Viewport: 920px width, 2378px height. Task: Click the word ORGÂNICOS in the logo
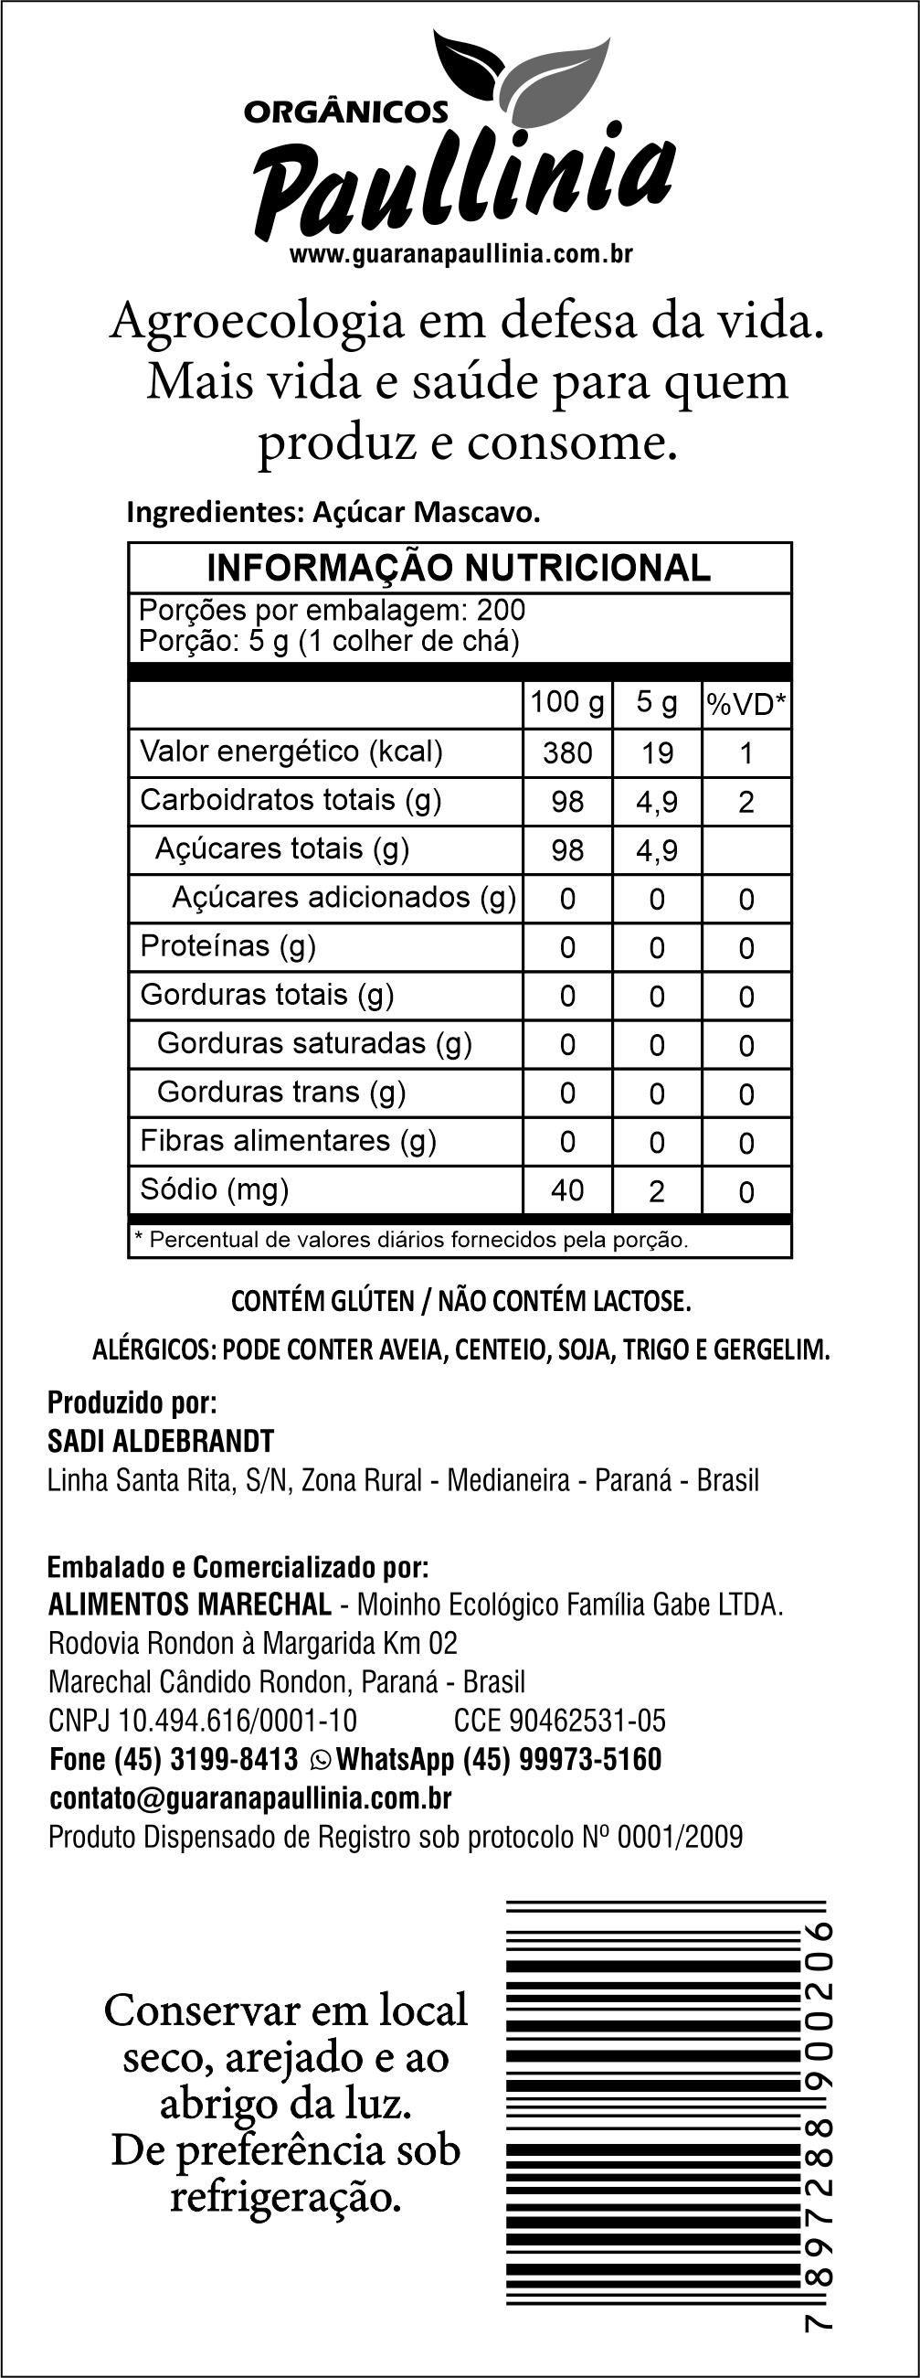pos(345,112)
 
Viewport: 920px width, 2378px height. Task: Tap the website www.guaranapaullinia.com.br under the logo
pos(460,254)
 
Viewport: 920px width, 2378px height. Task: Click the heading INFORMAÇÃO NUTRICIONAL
pos(459,568)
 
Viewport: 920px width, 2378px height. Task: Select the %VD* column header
pos(746,704)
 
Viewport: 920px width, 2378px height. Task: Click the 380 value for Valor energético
pos(566,753)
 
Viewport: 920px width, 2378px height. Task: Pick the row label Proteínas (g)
pos(227,946)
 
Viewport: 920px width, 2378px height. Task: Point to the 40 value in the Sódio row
pos(566,1191)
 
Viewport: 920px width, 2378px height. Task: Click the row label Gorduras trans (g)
pos(281,1092)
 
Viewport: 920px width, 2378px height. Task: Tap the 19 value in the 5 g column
pos(656,753)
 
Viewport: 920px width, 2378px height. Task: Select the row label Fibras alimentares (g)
pos(288,1141)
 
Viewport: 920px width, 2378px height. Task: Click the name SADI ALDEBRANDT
pos(161,1441)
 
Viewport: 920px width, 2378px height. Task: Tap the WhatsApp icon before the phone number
pos(320,1759)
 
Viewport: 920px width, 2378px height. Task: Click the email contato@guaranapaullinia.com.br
pos(250,1798)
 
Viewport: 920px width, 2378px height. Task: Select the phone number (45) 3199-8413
pos(206,1759)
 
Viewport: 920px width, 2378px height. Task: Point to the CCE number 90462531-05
pos(587,1721)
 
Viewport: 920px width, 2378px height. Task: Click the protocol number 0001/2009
pos(679,1837)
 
